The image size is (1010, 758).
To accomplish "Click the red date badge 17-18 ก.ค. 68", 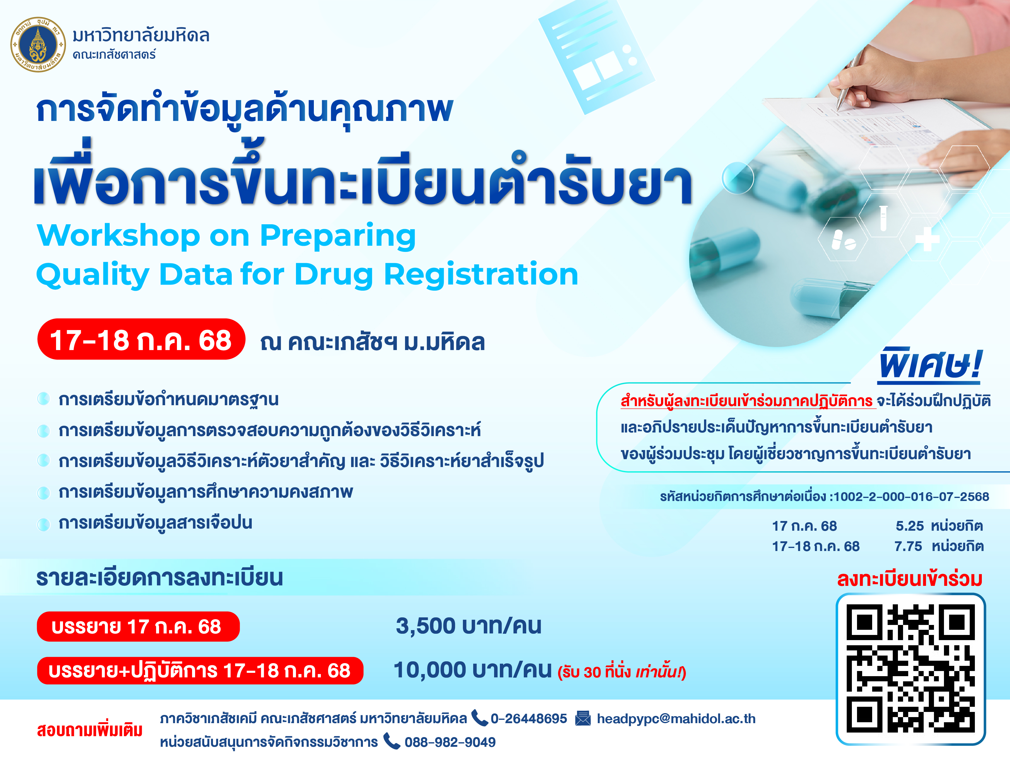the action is point(141,339).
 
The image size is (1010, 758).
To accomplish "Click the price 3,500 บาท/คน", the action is point(468,626).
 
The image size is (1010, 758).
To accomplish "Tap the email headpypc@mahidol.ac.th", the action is point(676,719).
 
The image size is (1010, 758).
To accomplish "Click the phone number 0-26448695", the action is point(529,719).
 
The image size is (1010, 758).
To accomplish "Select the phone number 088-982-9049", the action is point(450,742).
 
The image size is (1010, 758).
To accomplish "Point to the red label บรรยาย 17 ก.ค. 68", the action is point(138,626).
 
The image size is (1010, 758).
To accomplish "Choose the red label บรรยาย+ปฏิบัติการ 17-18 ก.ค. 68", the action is point(200,671).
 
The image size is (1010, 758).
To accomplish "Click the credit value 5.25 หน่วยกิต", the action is point(939,526).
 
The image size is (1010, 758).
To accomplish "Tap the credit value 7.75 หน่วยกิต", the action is point(939,546).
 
